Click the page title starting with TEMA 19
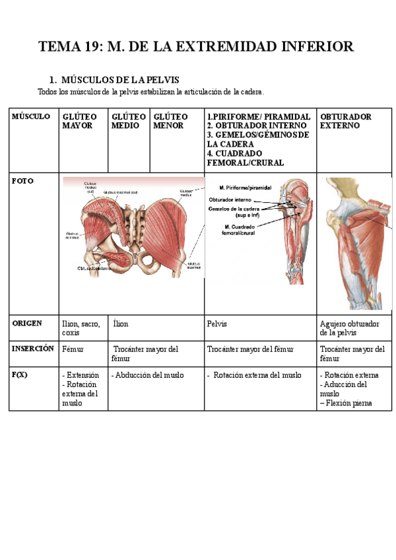click(196, 46)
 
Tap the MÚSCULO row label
click(30, 117)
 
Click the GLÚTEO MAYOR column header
click(77, 121)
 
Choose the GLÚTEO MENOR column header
click(170, 121)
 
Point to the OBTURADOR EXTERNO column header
click(346, 121)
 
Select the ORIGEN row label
click(27, 323)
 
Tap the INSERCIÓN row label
click(33, 349)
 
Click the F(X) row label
click(20, 374)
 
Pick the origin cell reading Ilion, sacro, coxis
click(81, 328)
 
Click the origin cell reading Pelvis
click(218, 324)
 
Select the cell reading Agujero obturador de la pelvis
click(349, 328)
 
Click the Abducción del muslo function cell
click(148, 375)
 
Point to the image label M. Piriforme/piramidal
click(245, 188)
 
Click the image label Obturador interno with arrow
click(230, 199)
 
